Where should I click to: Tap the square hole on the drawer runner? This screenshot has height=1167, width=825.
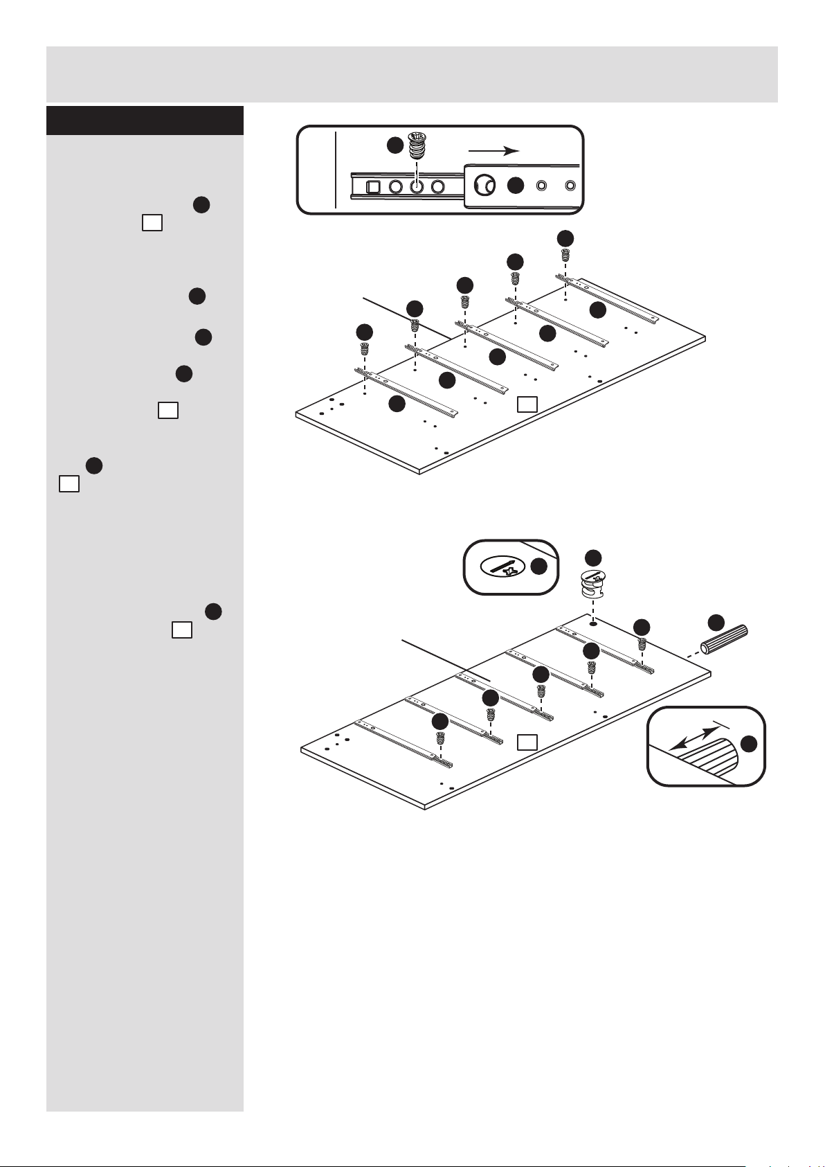point(372,186)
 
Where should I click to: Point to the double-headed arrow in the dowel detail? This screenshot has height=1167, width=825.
point(696,736)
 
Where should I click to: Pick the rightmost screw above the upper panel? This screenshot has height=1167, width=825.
point(565,254)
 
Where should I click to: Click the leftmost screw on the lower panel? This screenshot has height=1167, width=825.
point(440,738)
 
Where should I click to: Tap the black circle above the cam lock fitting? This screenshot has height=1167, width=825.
point(593,558)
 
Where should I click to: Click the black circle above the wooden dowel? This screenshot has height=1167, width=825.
point(716,621)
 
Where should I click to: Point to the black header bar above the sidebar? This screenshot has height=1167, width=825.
point(145,121)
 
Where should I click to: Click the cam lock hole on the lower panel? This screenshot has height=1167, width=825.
point(593,623)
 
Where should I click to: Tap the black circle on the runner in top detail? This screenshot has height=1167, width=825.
point(514,186)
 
